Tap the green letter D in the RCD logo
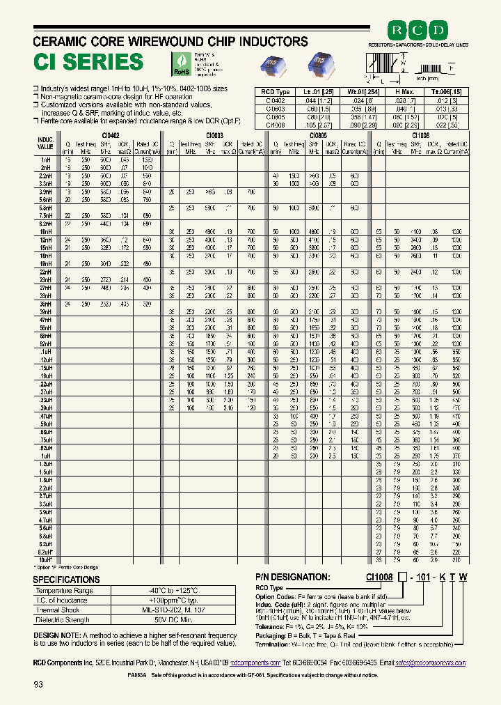pyautogui.click(x=439, y=31)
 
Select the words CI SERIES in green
pyautogui.click(x=88, y=62)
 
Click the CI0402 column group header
pyautogui.click(x=111, y=135)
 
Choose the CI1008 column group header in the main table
pyautogui.click(x=421, y=135)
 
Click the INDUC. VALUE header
pyautogui.click(x=45, y=143)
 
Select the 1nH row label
pyautogui.click(x=46, y=160)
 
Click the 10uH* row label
pyautogui.click(x=46, y=559)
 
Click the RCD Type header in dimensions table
pyautogui.click(x=276, y=91)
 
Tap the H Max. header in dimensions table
pyautogui.click(x=404, y=91)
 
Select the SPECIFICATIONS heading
pyautogui.click(x=67, y=580)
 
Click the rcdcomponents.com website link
pyautogui.click(x=255, y=663)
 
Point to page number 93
pyautogui.click(x=38, y=685)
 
